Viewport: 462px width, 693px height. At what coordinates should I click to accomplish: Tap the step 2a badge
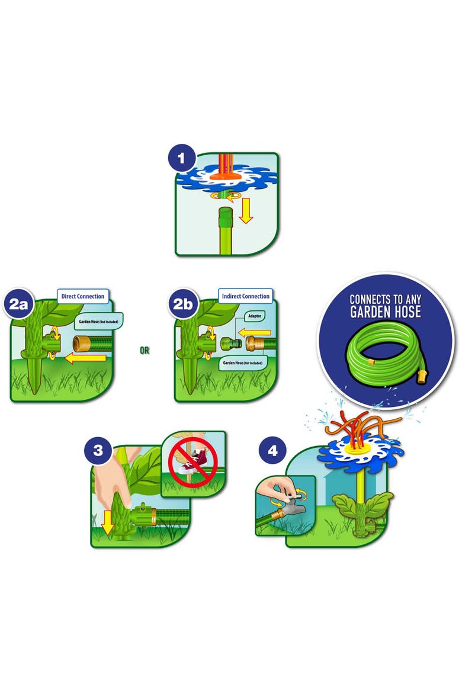(x=18, y=304)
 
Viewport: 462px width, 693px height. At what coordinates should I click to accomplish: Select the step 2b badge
(x=182, y=304)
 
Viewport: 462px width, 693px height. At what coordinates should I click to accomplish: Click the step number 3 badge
(x=98, y=451)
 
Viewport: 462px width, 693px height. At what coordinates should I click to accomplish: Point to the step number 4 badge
(x=272, y=451)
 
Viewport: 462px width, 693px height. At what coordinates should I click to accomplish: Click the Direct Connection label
(x=83, y=296)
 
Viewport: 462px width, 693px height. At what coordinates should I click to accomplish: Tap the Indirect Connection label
(x=245, y=296)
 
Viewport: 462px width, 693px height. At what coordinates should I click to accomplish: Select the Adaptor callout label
(x=255, y=316)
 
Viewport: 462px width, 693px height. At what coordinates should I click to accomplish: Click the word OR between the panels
(x=145, y=351)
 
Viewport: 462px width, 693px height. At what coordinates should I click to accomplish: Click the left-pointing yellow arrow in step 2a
(x=86, y=358)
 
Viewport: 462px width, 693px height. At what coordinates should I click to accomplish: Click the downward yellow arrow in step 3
(x=107, y=524)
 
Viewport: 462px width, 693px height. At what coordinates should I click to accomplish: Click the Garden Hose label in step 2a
(x=98, y=321)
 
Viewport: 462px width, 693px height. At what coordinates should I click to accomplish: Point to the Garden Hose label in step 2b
(x=242, y=363)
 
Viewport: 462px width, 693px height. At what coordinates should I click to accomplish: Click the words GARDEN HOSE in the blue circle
(x=385, y=312)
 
